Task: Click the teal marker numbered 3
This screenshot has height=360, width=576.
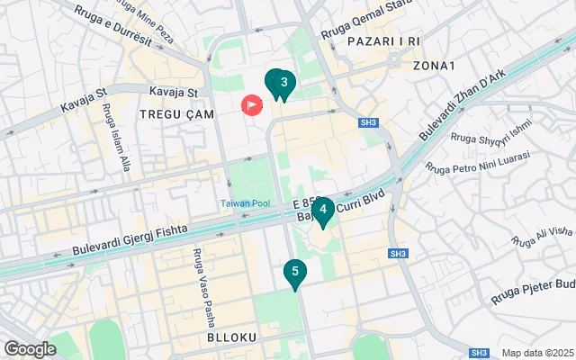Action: coord(283,85)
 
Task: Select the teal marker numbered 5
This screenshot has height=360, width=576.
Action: coord(294,272)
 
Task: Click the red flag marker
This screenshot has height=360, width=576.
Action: coord(251,105)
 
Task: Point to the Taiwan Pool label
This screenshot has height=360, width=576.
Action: coord(247,203)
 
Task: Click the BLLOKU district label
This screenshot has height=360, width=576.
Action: coord(232,337)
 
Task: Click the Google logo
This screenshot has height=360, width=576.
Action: coord(30,348)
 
